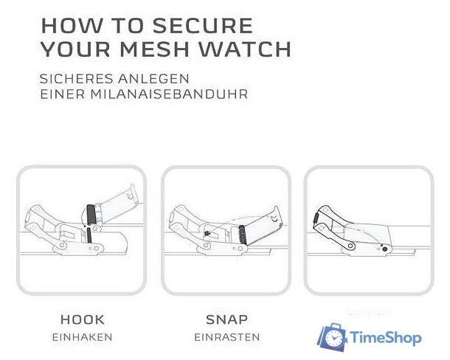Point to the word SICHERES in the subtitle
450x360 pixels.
click(x=76, y=78)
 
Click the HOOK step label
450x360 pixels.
click(x=82, y=320)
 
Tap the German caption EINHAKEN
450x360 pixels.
click(x=82, y=337)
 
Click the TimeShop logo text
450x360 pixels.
click(x=385, y=339)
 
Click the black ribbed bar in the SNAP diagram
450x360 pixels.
click(x=242, y=234)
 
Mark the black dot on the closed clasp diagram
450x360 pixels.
click(x=386, y=250)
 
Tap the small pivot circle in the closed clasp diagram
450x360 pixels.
click(x=352, y=246)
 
